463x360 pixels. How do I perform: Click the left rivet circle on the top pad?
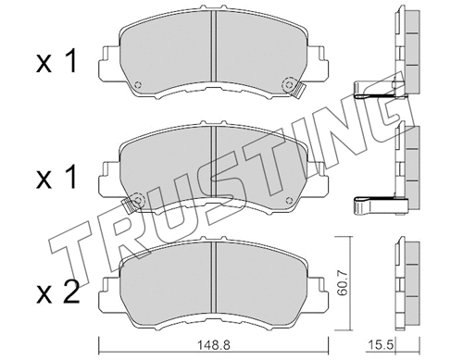(x=138, y=86)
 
